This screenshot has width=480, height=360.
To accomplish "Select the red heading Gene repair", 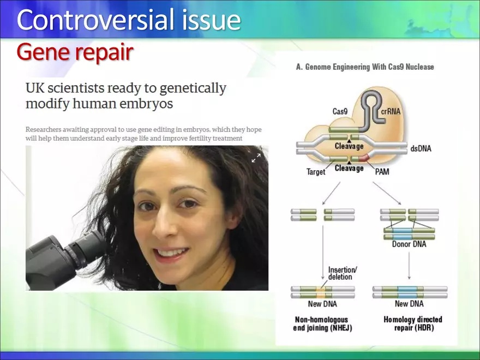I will click(x=75, y=52).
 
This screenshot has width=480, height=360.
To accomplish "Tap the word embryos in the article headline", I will click(x=158, y=104).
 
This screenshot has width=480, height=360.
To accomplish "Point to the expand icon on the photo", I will click(x=256, y=158).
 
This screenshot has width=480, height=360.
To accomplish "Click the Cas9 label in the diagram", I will click(x=340, y=111).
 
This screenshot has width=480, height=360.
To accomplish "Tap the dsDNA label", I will click(x=421, y=148).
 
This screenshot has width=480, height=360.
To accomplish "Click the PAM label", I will click(x=382, y=172).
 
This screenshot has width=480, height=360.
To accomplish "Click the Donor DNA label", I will click(x=409, y=244).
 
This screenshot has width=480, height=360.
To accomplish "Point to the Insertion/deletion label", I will click(x=343, y=273).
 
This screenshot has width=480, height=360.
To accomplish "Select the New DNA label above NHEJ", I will click(x=322, y=304).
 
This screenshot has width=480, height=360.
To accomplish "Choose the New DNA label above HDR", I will click(x=409, y=304).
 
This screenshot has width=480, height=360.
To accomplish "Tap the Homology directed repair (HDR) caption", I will click(x=413, y=323).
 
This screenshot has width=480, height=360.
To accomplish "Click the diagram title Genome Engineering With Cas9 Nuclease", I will click(x=365, y=67).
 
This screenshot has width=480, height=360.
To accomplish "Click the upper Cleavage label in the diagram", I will click(x=349, y=146).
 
